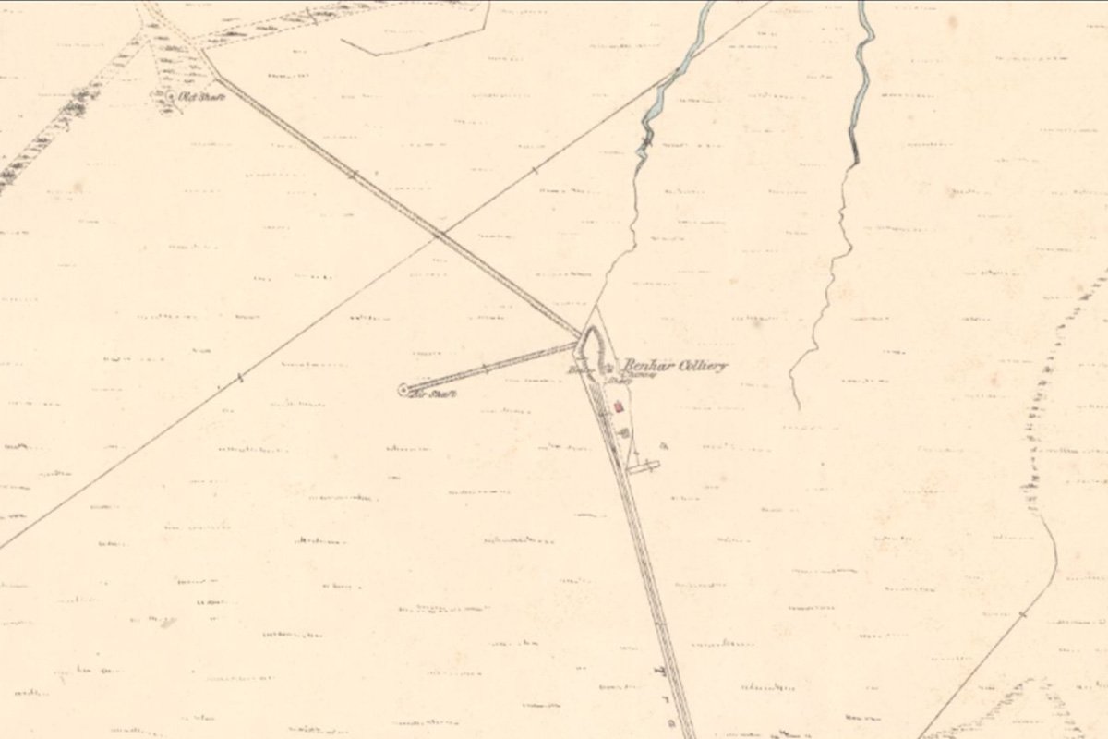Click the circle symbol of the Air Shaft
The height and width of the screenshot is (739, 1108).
(403, 391)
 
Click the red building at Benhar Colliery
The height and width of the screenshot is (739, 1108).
(619, 406)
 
